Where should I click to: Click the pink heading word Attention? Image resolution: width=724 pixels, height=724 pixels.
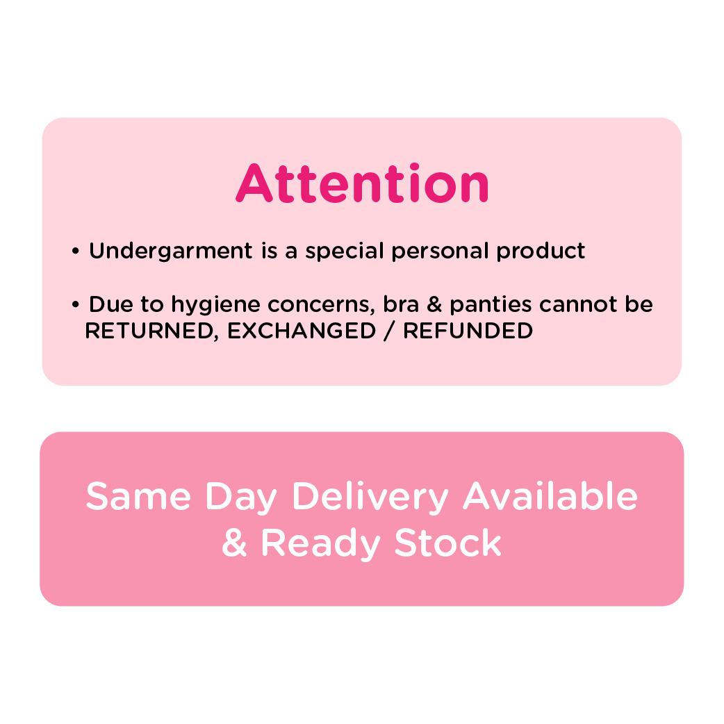pos(362,183)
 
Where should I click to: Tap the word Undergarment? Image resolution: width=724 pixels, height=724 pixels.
pos(171,252)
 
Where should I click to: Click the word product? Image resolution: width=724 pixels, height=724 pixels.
pos(541,252)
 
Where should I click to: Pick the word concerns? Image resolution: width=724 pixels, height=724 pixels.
pos(321,305)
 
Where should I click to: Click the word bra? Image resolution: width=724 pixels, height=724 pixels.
pos(401,304)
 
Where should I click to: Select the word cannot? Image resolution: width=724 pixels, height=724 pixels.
pos(578,305)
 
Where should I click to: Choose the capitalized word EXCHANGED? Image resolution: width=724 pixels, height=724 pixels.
pos(302,331)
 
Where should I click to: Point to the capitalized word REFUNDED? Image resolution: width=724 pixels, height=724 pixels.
pos(468,331)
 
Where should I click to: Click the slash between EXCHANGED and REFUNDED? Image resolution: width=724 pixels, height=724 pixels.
pos(390,331)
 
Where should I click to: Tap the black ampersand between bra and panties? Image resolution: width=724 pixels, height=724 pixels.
pos(434,304)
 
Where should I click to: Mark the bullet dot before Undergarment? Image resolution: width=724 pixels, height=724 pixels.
pos(76,252)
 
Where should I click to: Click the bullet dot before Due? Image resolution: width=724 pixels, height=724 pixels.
pos(76,305)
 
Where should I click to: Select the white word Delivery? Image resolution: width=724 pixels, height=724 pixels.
pos(370,497)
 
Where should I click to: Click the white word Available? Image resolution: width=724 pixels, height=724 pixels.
pos(550,496)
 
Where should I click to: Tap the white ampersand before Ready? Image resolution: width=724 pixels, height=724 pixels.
pos(235,543)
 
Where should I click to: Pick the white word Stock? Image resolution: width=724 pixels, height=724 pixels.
pos(448,543)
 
